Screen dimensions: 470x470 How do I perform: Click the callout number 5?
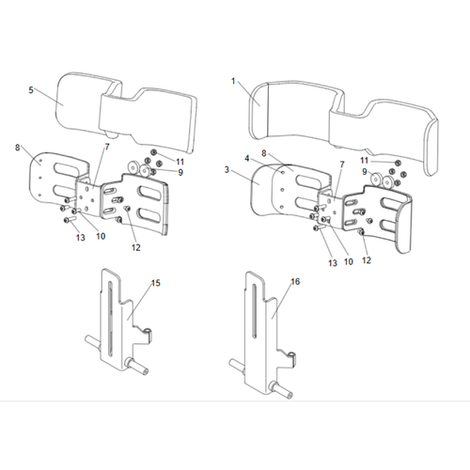[31, 90]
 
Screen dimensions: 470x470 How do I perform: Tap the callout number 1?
[233, 82]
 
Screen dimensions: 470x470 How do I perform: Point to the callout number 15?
[155, 282]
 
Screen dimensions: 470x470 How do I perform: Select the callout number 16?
[296, 282]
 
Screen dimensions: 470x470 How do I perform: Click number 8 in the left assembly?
[18, 148]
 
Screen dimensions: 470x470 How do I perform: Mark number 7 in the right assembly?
[341, 164]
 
